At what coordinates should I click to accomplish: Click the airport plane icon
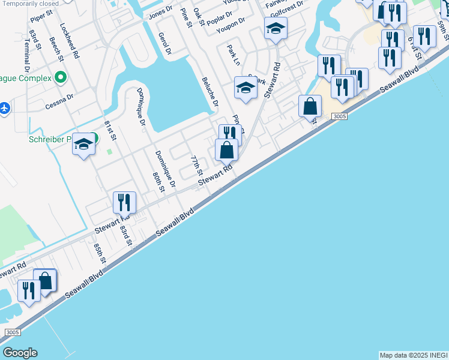[x=4, y=108]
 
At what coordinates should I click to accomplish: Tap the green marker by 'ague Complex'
[x=60, y=77]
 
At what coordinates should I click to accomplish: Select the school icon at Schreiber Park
[x=84, y=145]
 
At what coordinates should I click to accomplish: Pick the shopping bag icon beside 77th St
[x=227, y=149]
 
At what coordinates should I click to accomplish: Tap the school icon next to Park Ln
[x=246, y=88]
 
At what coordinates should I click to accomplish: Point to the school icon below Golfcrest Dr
[x=276, y=28]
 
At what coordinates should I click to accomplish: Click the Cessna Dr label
[x=59, y=101]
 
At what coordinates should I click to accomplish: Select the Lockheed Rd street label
[x=70, y=41]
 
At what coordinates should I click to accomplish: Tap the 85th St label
[x=99, y=253]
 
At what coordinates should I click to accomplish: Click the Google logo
[x=20, y=353]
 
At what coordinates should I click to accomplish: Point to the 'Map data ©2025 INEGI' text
[x=413, y=355]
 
